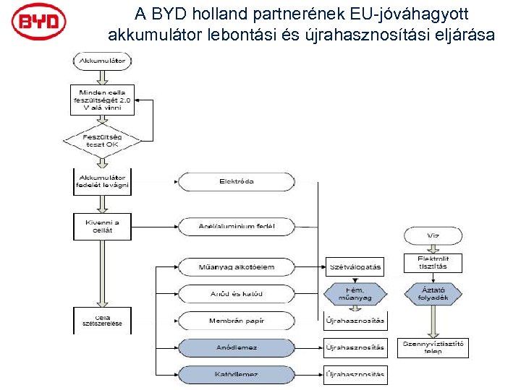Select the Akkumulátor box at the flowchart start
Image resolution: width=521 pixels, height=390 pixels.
click(102, 61)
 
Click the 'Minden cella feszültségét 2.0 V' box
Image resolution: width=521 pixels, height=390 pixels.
click(102, 99)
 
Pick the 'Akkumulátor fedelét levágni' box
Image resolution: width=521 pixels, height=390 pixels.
click(102, 181)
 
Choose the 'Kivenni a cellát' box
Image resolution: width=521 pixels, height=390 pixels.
click(102, 225)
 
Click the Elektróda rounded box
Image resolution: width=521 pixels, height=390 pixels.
click(237, 181)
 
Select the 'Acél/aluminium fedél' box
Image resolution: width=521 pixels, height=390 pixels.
click(237, 226)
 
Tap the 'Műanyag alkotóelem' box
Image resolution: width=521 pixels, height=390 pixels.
click(237, 267)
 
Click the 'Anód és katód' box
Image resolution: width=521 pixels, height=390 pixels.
click(237, 294)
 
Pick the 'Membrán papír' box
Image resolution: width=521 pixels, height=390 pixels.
click(237, 321)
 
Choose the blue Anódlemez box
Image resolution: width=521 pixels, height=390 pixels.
click(237, 347)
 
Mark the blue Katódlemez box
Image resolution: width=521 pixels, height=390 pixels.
click(237, 374)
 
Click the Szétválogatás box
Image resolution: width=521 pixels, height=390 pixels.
click(355, 267)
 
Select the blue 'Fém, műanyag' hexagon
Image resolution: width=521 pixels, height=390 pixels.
click(355, 293)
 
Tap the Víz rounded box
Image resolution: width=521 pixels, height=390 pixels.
click(433, 235)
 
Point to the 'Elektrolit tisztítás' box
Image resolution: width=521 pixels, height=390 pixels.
click(433, 263)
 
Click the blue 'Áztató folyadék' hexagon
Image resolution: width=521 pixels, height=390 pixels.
click(433, 293)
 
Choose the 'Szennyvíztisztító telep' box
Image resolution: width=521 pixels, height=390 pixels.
click(433, 347)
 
